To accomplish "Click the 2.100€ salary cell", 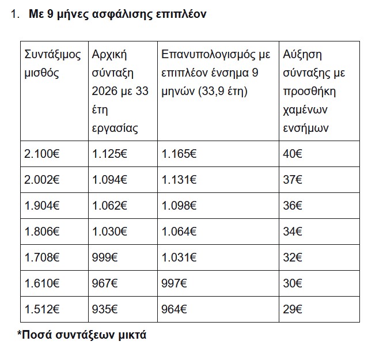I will (41, 154).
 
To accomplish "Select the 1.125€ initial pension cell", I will (109, 154).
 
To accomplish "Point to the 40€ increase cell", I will (293, 154).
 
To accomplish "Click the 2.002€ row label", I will (41, 180).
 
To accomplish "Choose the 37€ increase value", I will (293, 180).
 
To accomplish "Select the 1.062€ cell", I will (109, 206).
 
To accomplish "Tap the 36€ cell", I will (293, 206).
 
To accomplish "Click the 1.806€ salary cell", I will (41, 232).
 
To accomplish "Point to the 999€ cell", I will (104, 257).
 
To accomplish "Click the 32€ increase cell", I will (293, 257).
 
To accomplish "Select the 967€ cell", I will (104, 283).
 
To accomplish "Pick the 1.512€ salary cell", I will (41, 309).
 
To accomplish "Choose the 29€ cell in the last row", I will (293, 309).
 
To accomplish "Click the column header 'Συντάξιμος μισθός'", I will (53, 64).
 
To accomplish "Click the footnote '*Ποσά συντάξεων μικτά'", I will (81, 334).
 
